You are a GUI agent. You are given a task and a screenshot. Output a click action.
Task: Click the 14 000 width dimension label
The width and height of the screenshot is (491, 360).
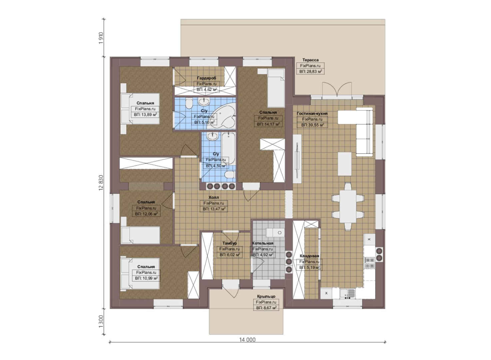pos(247,340)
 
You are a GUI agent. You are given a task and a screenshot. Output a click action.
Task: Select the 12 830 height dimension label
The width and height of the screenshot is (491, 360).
pos(101,183)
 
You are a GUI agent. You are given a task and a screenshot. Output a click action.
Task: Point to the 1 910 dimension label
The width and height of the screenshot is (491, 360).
pos(101,38)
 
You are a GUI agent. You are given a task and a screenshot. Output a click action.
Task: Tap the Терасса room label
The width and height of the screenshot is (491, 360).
pos(310,60)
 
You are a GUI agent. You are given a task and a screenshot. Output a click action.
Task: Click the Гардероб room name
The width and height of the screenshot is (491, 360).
pos(206,78)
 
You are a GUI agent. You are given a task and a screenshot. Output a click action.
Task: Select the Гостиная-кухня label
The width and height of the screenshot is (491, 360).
pos(312,114)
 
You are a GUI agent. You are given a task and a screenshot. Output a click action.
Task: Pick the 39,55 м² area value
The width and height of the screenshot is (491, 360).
pos(312,125)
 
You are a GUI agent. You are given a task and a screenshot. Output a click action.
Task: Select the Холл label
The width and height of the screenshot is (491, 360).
pos(214,197)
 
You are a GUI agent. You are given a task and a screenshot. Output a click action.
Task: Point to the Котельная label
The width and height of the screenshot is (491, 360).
pos(262,243)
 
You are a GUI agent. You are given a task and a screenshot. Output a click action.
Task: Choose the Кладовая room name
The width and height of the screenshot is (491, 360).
pos(309,256)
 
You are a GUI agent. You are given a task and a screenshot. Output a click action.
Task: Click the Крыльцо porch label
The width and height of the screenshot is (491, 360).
pos(266,296)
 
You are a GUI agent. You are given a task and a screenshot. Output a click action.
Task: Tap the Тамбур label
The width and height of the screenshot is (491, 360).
pos(230,243)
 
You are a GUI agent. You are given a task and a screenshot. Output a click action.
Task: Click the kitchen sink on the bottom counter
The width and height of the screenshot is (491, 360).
pos(347,293)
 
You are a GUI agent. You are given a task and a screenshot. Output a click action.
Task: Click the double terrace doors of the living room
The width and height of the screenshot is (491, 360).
pos(337,90)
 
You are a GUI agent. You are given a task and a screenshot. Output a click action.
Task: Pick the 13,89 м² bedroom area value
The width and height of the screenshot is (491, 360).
pos(146,115)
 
